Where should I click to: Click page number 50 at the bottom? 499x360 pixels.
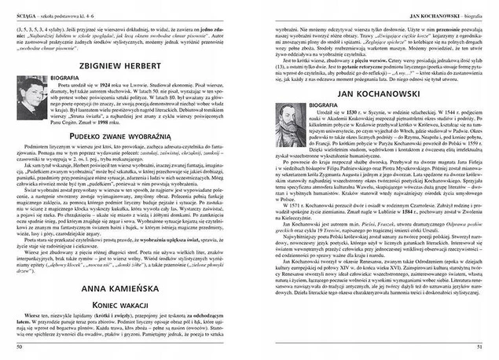tap(18, 343)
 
